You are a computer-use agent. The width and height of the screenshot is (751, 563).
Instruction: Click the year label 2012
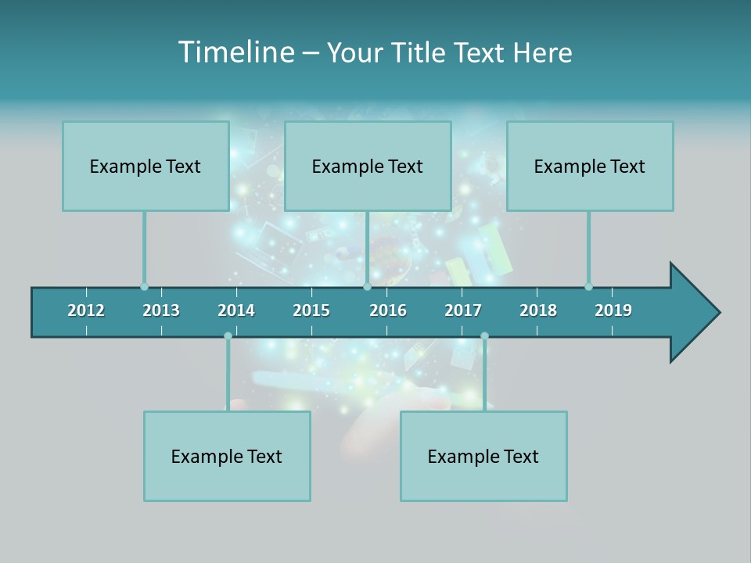[86, 310]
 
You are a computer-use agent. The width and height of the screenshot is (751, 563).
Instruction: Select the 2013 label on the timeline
[161, 310]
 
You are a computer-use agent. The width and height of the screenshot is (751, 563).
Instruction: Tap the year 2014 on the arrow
[236, 310]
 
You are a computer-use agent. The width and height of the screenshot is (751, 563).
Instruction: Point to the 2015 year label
[311, 310]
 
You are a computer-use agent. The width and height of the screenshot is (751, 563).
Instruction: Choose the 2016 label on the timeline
[388, 310]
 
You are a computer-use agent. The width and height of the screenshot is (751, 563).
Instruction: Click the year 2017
[463, 310]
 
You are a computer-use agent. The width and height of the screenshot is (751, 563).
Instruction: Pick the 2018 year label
[538, 310]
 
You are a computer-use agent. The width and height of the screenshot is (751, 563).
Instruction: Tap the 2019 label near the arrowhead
[613, 310]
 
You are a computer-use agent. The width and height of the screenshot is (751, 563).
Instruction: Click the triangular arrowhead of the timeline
[693, 313]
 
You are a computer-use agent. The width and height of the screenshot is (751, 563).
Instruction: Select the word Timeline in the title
[234, 52]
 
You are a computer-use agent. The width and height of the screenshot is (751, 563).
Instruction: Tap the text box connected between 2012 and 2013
[146, 166]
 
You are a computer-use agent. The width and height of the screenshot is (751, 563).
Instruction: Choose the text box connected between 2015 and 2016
[368, 166]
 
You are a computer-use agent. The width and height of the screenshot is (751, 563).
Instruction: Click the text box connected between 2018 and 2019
[590, 166]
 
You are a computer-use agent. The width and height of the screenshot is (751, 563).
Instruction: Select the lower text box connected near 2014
[227, 456]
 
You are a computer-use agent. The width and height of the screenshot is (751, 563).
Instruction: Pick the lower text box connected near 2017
[483, 456]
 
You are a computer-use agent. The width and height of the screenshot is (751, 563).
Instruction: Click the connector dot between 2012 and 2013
[144, 286]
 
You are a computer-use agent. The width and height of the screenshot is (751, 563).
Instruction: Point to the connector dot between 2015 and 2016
[367, 286]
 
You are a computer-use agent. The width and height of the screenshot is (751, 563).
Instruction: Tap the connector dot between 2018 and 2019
[588, 286]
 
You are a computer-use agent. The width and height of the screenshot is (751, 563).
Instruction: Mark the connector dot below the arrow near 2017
[484, 336]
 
